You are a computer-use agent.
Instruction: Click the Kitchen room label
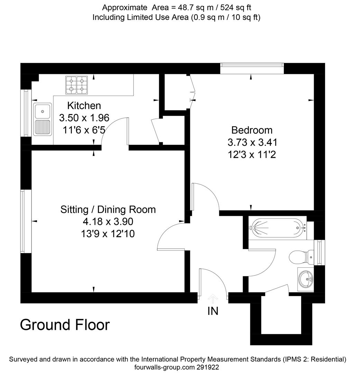[x=84, y=106]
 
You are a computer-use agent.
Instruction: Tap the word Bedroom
[x=252, y=130]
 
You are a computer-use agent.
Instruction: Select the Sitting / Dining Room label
[x=108, y=210]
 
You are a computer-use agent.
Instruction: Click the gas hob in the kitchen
[x=76, y=85]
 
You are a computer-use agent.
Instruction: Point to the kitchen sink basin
[x=43, y=111]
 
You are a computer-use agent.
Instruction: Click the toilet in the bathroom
[x=302, y=257]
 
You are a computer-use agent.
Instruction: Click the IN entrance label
[x=213, y=311]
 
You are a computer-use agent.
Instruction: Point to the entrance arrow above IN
[x=213, y=299]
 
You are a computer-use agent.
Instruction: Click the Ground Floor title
[x=65, y=325]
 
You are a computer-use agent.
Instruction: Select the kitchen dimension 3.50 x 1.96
[x=84, y=118]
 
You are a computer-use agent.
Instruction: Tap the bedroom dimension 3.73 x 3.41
[x=252, y=143]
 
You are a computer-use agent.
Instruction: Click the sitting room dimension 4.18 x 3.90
[x=108, y=221]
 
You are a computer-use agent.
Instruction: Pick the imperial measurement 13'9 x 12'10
[x=108, y=234]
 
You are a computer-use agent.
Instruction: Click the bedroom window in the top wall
[x=252, y=68]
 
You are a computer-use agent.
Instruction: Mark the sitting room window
[x=26, y=221]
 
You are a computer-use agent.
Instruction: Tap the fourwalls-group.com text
[x=164, y=367]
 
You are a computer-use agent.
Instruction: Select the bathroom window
[x=320, y=252]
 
